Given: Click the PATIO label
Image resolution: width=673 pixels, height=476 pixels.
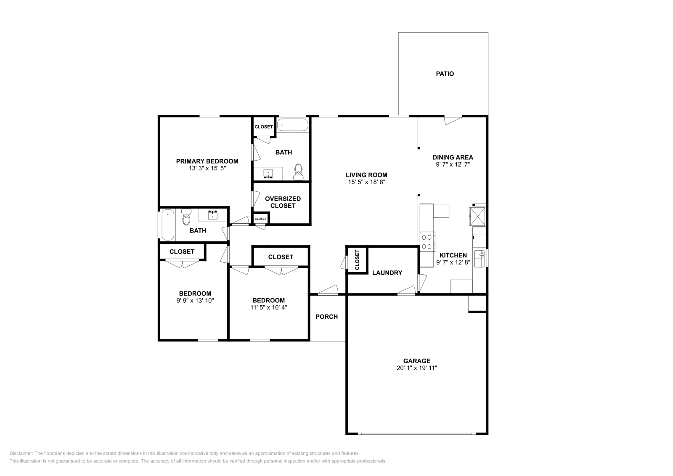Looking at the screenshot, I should [445, 74].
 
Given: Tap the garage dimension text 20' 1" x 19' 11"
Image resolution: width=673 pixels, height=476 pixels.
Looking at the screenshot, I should [416, 368].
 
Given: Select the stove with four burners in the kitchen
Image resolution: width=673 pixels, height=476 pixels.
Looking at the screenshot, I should [427, 242].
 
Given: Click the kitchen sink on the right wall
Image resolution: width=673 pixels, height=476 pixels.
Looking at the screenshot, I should [479, 258].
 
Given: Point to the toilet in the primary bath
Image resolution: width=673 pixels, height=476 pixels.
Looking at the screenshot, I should [299, 172].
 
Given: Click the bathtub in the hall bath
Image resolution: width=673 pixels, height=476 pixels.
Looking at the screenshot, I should [167, 225].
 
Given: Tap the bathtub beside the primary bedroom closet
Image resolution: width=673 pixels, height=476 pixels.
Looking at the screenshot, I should [292, 125].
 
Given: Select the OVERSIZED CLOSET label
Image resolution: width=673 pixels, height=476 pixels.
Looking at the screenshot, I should [283, 202].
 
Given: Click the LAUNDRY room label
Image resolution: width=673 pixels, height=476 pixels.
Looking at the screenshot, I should [387, 273].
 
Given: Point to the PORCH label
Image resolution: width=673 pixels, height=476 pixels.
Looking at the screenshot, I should [326, 317].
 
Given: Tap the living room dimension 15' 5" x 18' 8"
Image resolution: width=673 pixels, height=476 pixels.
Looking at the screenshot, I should [366, 182].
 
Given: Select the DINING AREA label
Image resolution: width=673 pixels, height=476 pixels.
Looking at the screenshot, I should [453, 158].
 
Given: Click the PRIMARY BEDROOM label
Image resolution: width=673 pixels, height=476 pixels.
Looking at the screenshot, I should [207, 161].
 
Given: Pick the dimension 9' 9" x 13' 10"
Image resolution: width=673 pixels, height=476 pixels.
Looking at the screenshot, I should [195, 301].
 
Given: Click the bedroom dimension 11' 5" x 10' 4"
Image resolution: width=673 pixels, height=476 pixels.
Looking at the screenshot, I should [268, 307].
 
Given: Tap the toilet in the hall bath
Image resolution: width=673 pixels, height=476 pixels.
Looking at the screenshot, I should [186, 218].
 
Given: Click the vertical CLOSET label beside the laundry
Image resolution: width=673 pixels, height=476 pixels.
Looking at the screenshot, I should [357, 260].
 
